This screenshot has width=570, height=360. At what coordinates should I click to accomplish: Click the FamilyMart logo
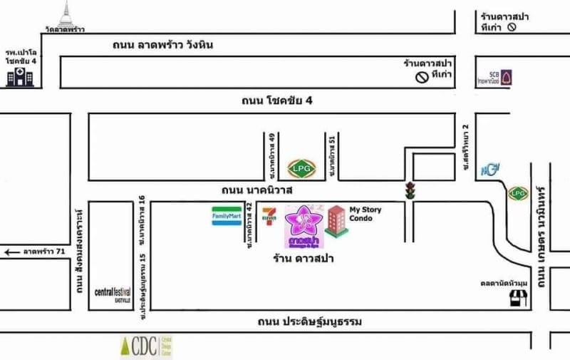tap(226, 216)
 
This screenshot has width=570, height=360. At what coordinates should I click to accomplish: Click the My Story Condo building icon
tap(336, 221)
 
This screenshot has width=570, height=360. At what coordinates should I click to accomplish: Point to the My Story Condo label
tap(365, 213)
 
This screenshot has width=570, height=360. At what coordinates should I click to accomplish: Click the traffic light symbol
tap(409, 190)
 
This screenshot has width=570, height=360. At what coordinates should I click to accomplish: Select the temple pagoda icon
tap(67, 14)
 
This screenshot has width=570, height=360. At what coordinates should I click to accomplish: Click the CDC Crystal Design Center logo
tap(145, 347)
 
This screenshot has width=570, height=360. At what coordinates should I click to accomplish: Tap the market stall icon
tap(518, 298)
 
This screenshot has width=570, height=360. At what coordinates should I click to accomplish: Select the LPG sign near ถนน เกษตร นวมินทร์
tap(518, 192)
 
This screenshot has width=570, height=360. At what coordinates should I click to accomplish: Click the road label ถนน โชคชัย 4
tap(277, 101)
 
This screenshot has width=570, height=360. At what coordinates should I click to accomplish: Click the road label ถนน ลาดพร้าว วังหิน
tap(173, 45)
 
